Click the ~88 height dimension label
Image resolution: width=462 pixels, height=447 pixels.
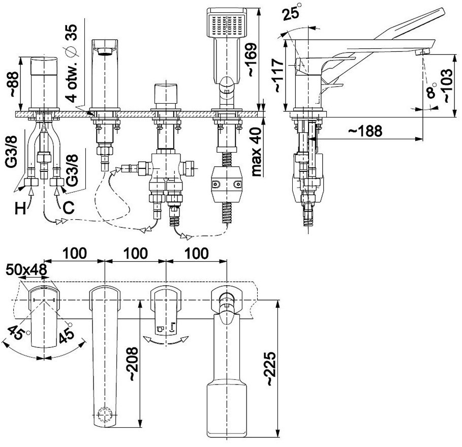[x=14, y=84]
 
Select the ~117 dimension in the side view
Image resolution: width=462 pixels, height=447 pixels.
[x=278, y=75]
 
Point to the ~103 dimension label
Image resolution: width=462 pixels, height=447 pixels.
[x=447, y=85]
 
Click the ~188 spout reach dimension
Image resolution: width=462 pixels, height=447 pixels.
[x=365, y=131]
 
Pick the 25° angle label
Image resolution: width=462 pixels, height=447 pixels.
[x=292, y=12]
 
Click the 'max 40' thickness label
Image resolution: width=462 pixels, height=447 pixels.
[x=257, y=152]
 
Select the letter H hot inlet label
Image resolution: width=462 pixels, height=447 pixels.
[x=20, y=209]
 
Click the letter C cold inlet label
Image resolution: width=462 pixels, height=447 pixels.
[x=68, y=208]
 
